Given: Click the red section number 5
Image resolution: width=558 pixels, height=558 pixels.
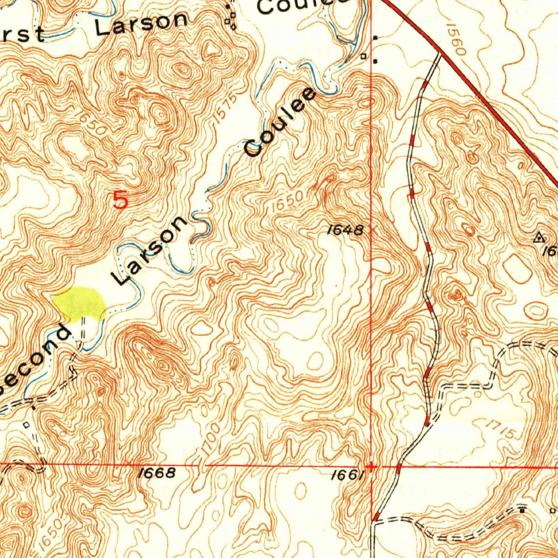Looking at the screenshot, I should pos(120,201).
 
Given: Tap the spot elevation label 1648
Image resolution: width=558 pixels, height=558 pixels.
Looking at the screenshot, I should pos(344,230).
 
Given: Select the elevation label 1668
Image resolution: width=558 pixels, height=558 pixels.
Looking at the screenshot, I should pos(157,472).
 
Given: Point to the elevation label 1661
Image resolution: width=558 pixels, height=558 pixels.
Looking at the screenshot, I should pos(347,475).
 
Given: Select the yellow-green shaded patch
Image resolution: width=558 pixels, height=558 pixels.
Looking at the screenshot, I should pos(81,303).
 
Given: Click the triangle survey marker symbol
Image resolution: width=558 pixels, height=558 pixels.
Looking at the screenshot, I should pos(539,237).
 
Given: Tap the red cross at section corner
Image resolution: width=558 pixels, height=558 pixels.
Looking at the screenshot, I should pos(371,466).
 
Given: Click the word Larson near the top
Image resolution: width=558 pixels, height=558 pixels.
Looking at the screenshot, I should pos(142,23).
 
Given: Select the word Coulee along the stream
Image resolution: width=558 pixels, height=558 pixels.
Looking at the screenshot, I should pos(280,123).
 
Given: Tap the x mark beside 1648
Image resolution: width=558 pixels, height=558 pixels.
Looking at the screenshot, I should pos(373,230).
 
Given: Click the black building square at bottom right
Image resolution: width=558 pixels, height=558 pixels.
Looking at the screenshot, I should pos(523,510).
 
